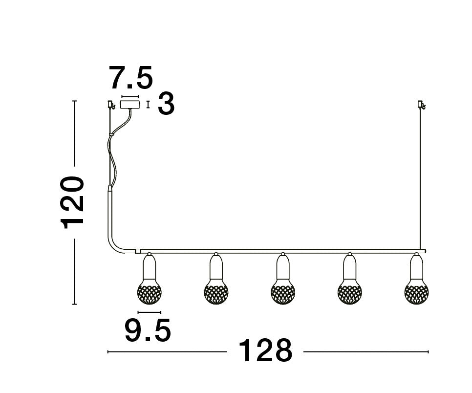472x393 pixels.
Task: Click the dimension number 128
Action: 265,351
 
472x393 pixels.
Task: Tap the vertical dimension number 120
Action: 73,202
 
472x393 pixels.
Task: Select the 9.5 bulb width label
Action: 148,331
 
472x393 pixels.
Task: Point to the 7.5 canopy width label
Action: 131,78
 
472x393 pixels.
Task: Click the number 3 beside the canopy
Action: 166,105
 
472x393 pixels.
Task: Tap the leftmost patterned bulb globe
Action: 149,292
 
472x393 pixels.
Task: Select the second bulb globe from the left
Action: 216,292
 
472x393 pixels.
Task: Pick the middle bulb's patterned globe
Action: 282,292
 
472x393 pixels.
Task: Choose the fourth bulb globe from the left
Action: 349,292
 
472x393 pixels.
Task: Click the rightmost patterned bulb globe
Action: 416,292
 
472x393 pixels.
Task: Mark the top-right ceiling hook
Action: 421,105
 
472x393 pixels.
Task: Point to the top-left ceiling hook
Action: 111,105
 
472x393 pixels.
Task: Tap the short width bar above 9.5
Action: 149,312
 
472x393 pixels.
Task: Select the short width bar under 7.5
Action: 130,96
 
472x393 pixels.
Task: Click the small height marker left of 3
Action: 148,104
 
